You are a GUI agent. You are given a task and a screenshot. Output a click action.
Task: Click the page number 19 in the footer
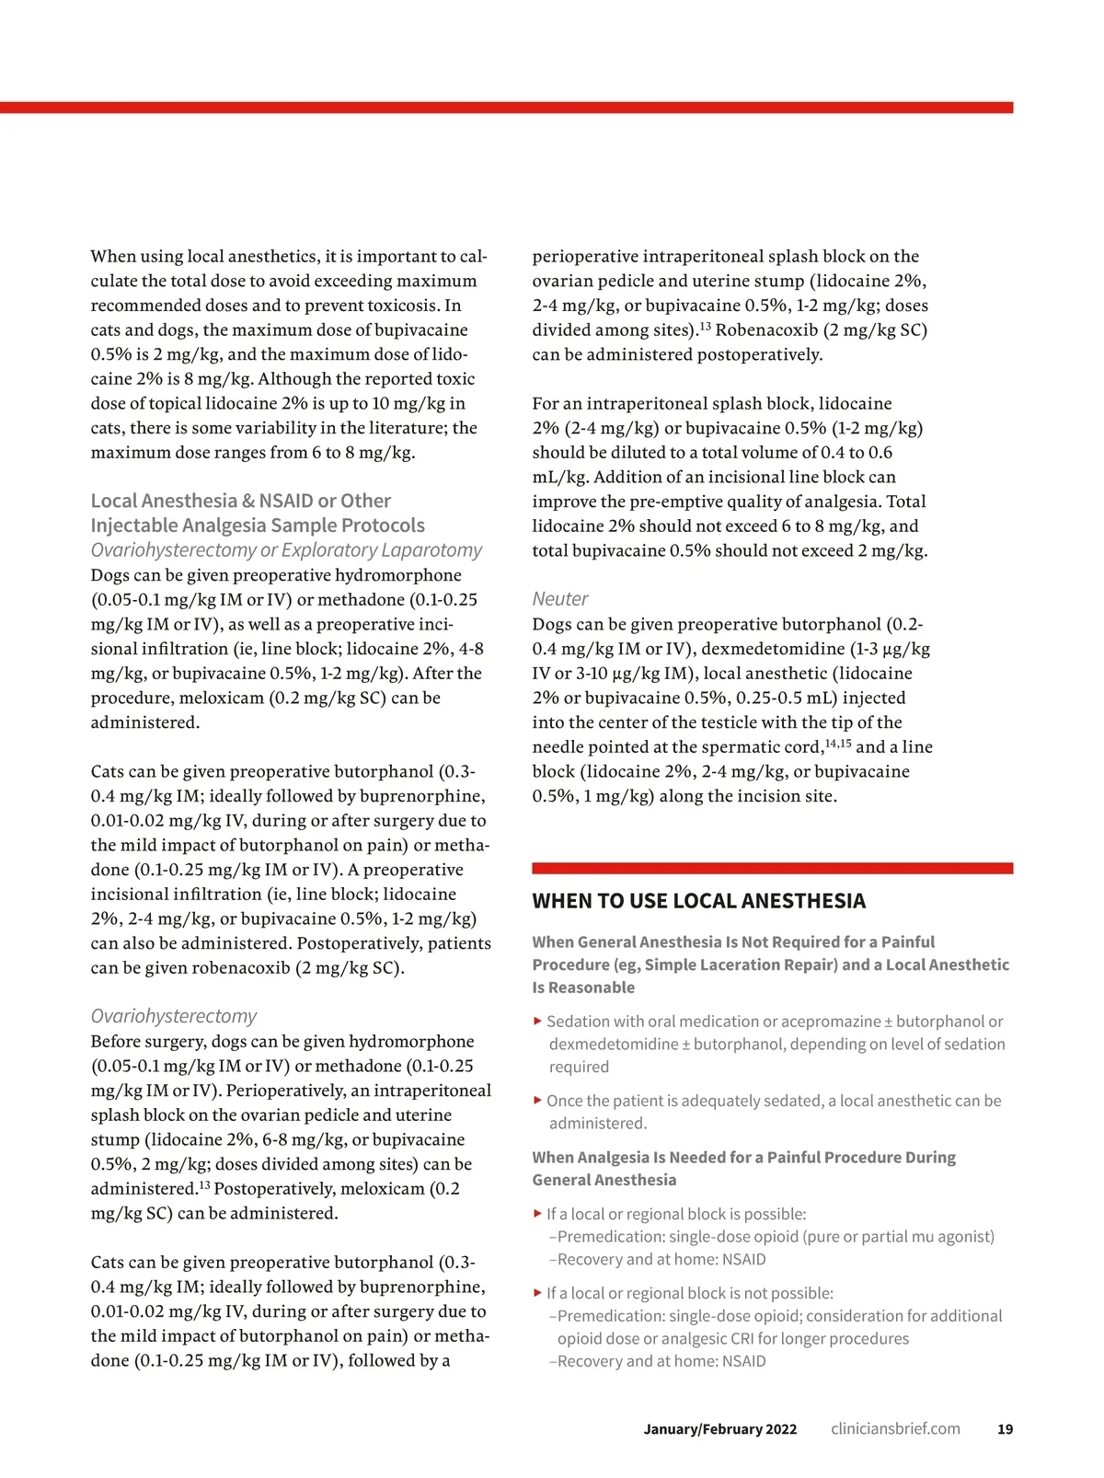point(1005,1429)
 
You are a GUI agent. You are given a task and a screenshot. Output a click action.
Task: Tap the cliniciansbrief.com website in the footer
point(895,1429)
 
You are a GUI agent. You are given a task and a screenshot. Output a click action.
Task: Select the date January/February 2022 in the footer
point(720,1429)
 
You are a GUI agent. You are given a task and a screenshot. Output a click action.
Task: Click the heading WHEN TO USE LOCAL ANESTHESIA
point(698,901)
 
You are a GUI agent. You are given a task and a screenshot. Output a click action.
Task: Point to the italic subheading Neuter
point(559,599)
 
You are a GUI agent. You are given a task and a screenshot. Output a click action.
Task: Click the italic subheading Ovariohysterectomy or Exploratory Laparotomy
point(286,550)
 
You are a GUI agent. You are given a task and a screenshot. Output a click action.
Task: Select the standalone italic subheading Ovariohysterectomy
point(173,1016)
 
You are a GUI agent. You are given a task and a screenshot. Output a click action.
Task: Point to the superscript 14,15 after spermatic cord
point(837,743)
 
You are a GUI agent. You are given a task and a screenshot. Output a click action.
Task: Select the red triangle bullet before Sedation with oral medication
point(537,1021)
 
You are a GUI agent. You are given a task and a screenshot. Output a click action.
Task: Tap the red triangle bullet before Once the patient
point(537,1100)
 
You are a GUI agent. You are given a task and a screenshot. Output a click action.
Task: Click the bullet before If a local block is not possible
point(537,1293)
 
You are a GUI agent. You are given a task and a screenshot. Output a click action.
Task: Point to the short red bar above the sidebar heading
point(772,868)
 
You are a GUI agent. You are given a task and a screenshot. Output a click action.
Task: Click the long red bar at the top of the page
point(506,108)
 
